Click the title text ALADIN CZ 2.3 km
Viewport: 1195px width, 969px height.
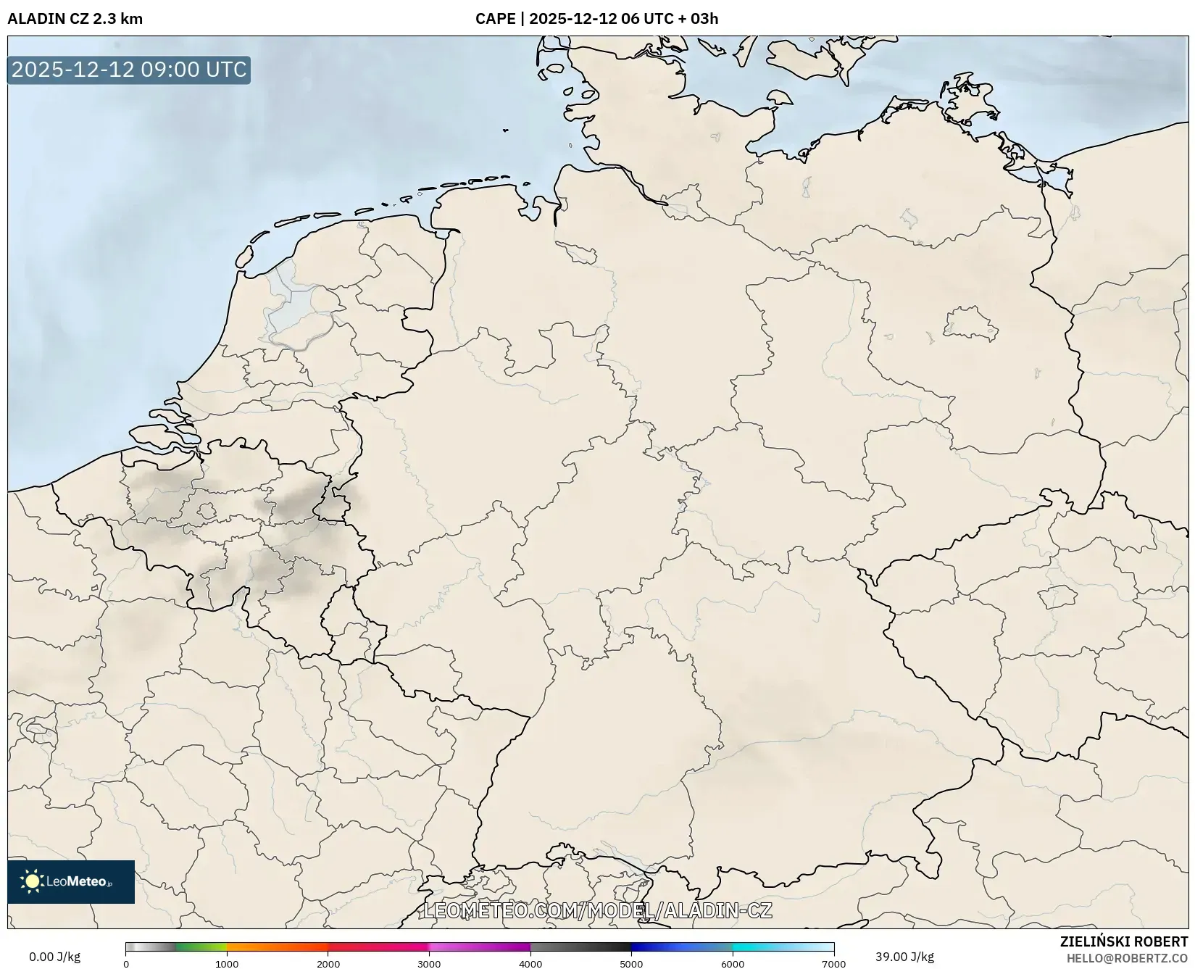pos(75,19)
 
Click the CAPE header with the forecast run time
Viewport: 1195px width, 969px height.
pos(596,19)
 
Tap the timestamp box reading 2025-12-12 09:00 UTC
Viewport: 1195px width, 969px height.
pos(129,70)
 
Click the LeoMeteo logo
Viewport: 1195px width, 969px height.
pos(71,881)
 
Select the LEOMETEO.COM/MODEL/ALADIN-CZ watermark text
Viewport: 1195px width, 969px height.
pos(597,910)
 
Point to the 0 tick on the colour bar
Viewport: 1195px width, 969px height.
pos(126,964)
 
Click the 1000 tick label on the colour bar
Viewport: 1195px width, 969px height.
pos(227,964)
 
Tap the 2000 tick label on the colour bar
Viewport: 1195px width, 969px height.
pos(328,964)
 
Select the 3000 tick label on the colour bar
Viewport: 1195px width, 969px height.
pos(429,964)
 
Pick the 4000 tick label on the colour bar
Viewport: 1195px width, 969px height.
pos(530,964)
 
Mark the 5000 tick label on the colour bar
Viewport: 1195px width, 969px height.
pos(631,964)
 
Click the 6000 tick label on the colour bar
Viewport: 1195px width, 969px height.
pos(733,964)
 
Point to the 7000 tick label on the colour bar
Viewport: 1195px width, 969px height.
pos(833,964)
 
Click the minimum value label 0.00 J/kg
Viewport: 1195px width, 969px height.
pos(54,957)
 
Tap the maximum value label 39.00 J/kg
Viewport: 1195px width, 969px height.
pos(904,957)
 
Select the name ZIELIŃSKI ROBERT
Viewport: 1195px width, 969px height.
pos(1124,942)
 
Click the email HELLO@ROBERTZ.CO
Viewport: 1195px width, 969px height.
pos(1127,958)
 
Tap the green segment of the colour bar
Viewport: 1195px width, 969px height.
pos(201,947)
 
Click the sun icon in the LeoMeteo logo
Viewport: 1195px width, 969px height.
pos(32,881)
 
